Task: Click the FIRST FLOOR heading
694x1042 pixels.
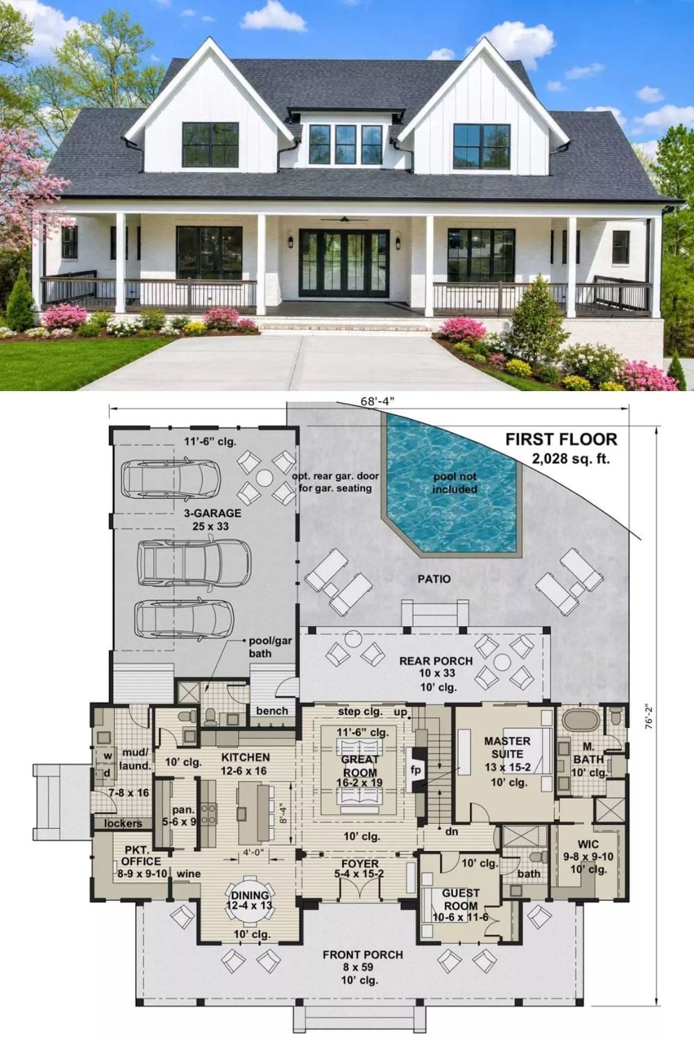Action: pos(561,439)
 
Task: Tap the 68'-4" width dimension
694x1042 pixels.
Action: pos(378,402)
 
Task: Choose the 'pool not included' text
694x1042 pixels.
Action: pos(455,483)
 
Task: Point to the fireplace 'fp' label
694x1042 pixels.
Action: pos(415,770)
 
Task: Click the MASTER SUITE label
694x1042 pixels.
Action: pos(507,747)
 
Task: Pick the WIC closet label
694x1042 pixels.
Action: pos(588,844)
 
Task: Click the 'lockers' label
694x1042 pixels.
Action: pos(123,823)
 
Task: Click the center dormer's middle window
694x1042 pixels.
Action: pos(346,144)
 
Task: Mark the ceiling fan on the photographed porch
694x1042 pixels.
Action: pos(344,219)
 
